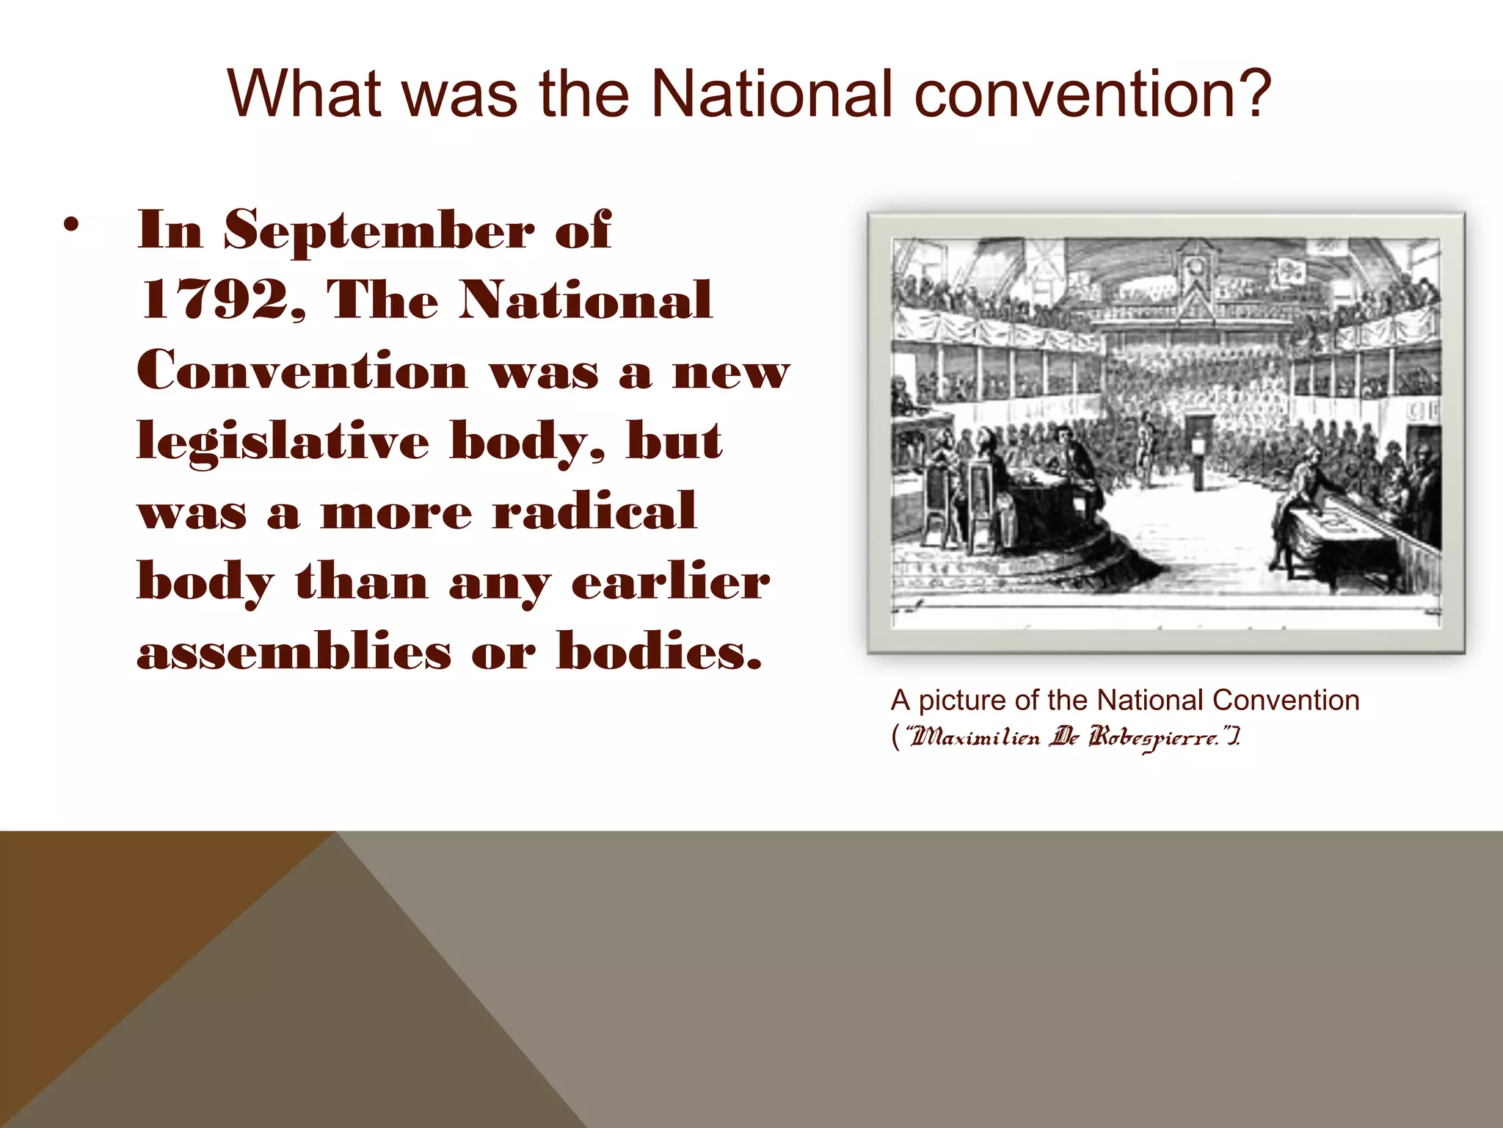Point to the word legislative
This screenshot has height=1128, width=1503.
click(283, 442)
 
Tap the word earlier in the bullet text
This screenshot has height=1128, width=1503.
click(671, 582)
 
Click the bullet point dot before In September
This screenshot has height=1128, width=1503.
click(70, 225)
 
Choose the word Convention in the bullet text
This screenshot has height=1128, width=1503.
click(302, 370)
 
